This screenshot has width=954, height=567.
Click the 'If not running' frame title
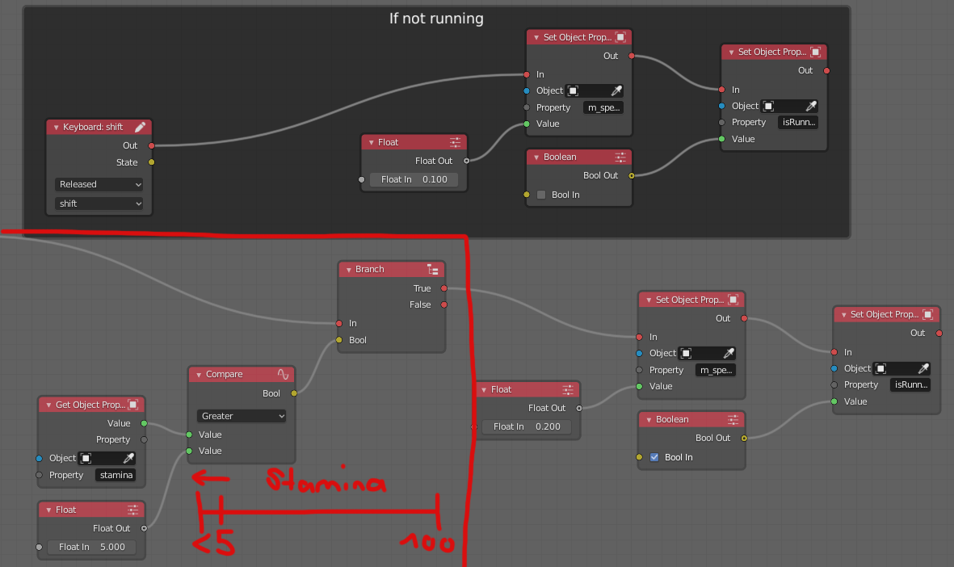(x=436, y=18)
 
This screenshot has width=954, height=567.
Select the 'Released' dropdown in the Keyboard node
(x=99, y=184)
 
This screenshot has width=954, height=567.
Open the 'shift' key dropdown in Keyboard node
(x=99, y=204)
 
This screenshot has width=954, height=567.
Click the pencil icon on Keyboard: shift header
(x=140, y=127)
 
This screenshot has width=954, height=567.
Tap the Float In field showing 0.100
(x=414, y=179)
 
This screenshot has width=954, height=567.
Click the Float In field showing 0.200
(x=527, y=426)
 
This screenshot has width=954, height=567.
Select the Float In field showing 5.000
(x=91, y=547)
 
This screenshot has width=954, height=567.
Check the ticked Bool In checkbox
(x=654, y=457)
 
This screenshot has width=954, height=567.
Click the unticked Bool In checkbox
(x=541, y=195)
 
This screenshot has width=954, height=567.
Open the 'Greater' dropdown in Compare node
(x=242, y=416)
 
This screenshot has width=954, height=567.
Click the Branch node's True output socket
(x=444, y=288)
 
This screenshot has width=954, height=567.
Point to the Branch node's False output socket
(x=444, y=304)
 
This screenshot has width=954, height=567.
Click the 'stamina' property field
(x=116, y=475)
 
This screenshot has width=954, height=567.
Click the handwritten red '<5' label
(x=213, y=544)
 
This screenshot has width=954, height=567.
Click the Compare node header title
(x=224, y=374)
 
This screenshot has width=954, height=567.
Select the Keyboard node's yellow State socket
(x=151, y=162)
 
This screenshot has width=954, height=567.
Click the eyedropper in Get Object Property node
(x=128, y=458)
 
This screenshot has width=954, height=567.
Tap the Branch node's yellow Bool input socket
(x=339, y=340)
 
